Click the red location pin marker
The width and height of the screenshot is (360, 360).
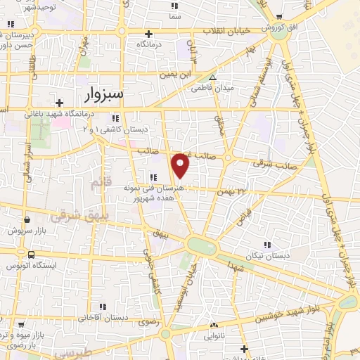(181, 165)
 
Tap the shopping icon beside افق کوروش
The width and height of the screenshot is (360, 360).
(280, 18)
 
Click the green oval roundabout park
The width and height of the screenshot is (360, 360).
(202, 246)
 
